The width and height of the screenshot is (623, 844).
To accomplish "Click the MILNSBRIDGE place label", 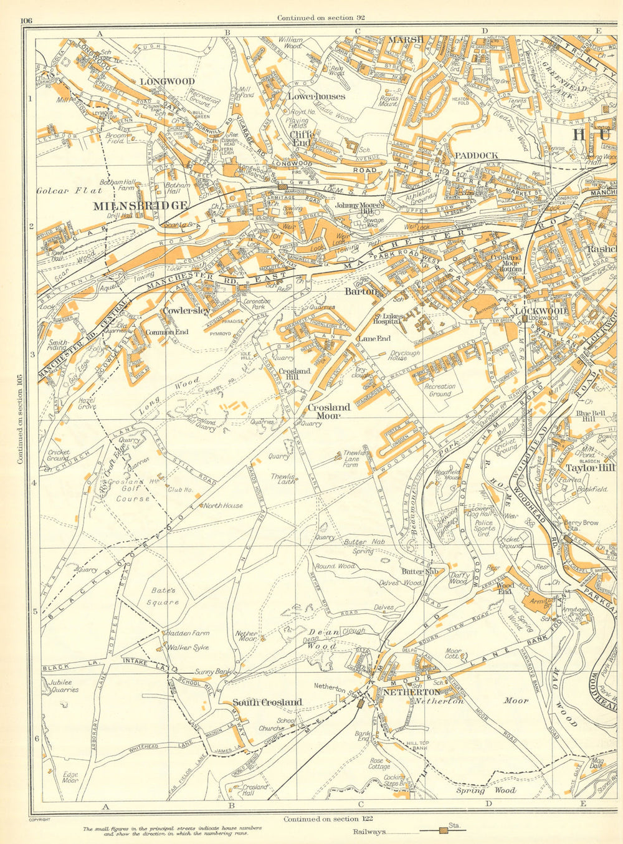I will point(140,205).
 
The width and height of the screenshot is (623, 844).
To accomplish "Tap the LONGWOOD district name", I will point(167,82).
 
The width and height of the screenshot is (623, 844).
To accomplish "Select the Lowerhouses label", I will point(316,97).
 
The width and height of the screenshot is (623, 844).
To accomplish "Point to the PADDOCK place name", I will point(476,155).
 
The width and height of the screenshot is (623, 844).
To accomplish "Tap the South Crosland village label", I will point(267,702).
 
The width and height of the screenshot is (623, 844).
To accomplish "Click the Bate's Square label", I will point(163,596).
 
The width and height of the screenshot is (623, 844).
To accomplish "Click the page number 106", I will point(26,21).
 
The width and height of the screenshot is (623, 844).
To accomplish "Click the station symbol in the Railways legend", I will point(444,830).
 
